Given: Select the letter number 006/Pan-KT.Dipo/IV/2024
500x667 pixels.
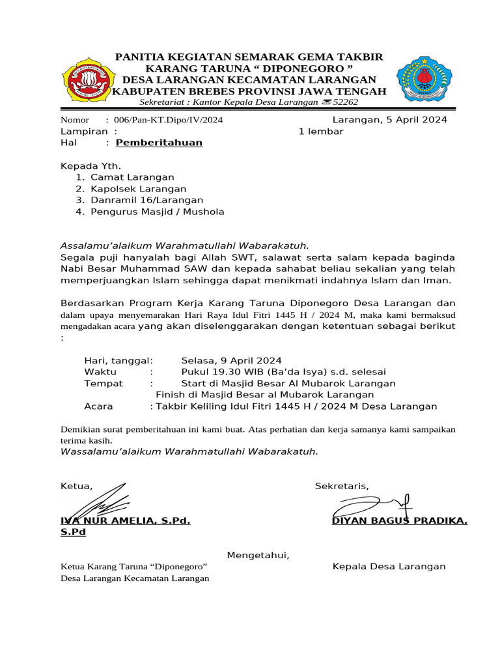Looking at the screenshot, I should point(163,120).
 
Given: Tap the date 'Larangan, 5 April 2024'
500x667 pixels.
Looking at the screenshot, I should point(389,120).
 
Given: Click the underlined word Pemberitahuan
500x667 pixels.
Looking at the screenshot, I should point(159,143).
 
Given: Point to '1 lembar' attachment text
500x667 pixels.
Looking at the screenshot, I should point(321,132).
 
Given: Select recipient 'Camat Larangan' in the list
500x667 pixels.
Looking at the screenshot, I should point(132,177).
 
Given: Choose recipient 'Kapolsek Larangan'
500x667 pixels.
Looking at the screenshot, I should point(138,189).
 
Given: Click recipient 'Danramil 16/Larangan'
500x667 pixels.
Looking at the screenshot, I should point(146,201).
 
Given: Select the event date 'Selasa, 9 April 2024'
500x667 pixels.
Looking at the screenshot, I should point(231,360).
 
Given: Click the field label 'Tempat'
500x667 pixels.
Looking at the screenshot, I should point(104,384).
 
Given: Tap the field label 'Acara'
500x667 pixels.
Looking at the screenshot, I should point(98,406).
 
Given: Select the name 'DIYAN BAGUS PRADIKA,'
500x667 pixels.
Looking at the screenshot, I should point(399,520).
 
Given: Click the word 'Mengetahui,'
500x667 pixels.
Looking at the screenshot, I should point(258,556).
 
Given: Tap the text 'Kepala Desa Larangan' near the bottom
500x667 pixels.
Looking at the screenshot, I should point(389,567).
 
